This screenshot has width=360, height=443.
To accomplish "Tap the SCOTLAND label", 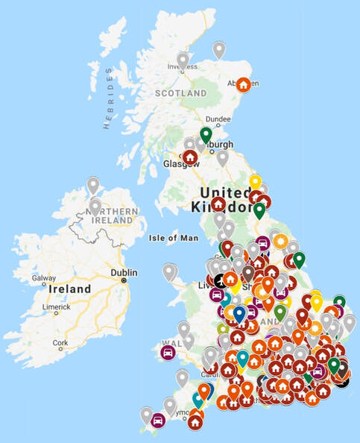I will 180,94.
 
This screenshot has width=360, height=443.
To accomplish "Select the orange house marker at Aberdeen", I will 243,84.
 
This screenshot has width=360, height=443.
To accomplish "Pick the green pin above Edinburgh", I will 206,134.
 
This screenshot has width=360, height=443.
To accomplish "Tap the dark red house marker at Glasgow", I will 190,157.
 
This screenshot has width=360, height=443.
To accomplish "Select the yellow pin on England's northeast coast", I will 256,180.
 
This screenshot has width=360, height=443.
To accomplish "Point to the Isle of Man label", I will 172,239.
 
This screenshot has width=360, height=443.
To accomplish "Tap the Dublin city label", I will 124,272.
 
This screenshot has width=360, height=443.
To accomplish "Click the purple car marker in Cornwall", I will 158,420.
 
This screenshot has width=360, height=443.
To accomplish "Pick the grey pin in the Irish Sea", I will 169,271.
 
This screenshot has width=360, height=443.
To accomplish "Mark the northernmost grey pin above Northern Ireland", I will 93,184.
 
